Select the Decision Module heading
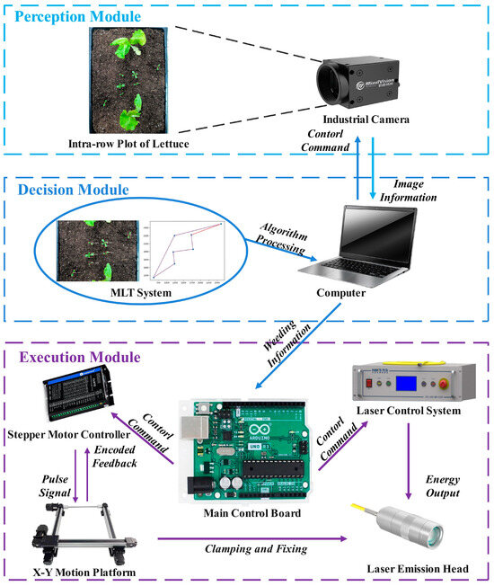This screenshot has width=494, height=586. click(73, 190)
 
